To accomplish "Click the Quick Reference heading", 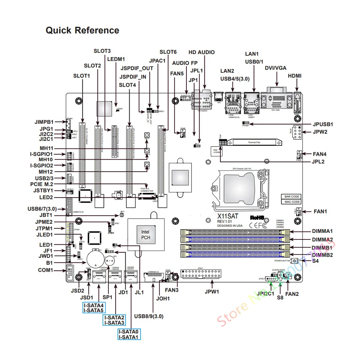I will [82, 31].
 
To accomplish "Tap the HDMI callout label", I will [295, 76].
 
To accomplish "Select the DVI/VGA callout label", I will [276, 68].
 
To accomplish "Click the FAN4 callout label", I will [320, 154].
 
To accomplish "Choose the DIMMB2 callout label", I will [323, 255].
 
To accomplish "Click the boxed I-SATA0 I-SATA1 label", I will [129, 334].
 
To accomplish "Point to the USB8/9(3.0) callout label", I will [149, 316].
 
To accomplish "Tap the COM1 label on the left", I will [45, 270].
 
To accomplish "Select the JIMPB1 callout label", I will [44, 122].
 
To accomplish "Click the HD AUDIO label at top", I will [202, 53].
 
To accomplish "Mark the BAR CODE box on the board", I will [292, 197].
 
